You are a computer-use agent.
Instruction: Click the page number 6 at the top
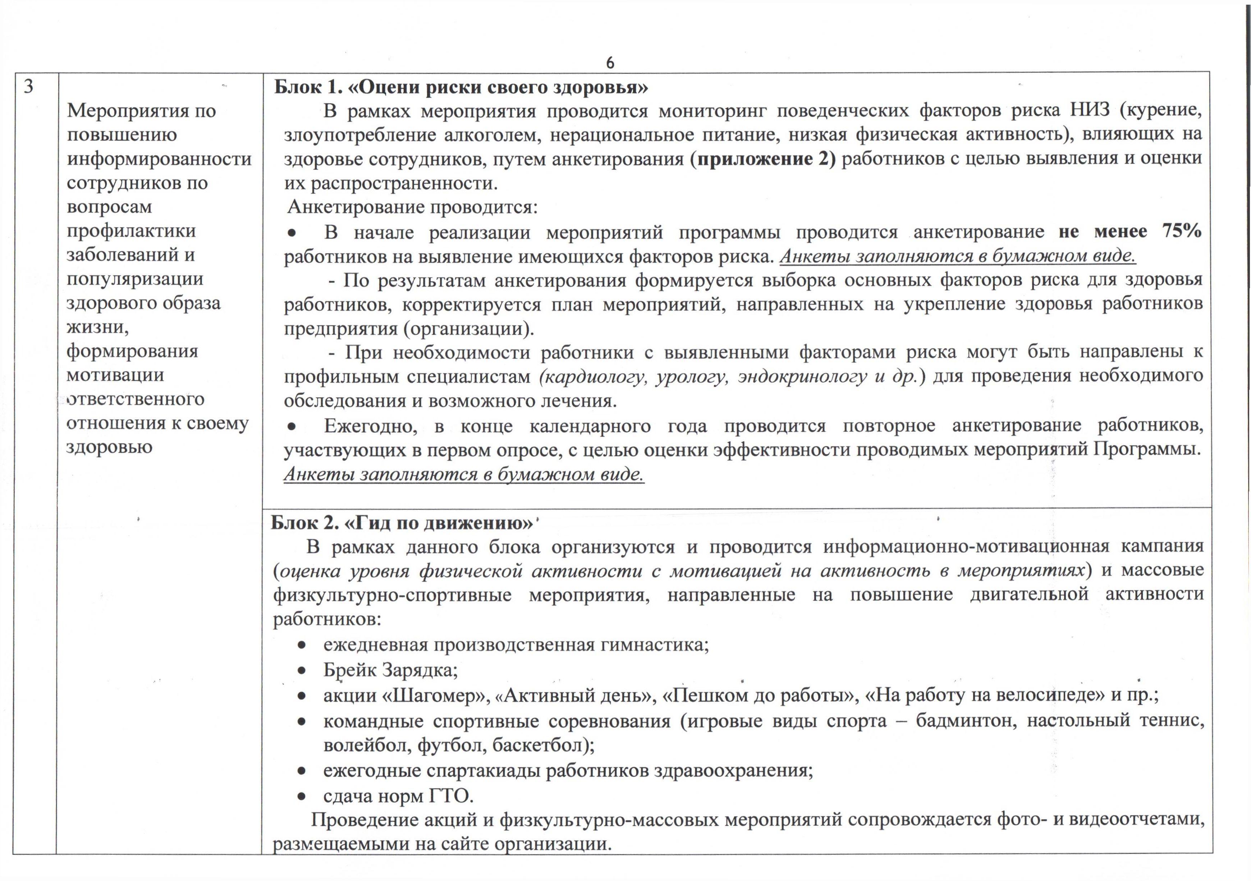(x=610, y=63)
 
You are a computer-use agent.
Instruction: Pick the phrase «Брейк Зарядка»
(x=390, y=670)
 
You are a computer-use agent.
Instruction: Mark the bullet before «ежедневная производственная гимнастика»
(x=301, y=646)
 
